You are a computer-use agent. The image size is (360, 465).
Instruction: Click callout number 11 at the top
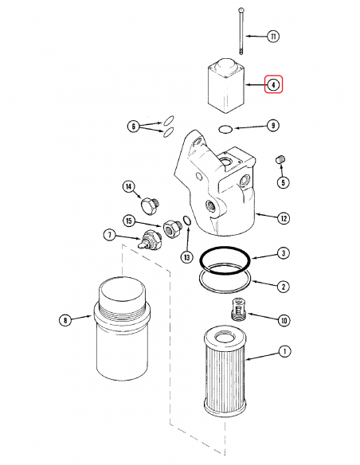tap(274, 37)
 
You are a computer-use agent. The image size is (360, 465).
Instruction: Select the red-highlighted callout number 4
tap(273, 84)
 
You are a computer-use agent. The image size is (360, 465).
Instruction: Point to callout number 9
tap(272, 125)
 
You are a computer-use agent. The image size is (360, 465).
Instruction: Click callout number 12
tap(283, 216)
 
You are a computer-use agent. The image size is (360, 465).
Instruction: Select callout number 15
tap(128, 220)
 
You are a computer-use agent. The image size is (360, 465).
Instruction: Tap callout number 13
tap(186, 256)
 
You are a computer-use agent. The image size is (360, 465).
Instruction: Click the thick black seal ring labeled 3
tap(226, 260)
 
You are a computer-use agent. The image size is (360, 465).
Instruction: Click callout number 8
tap(65, 320)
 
